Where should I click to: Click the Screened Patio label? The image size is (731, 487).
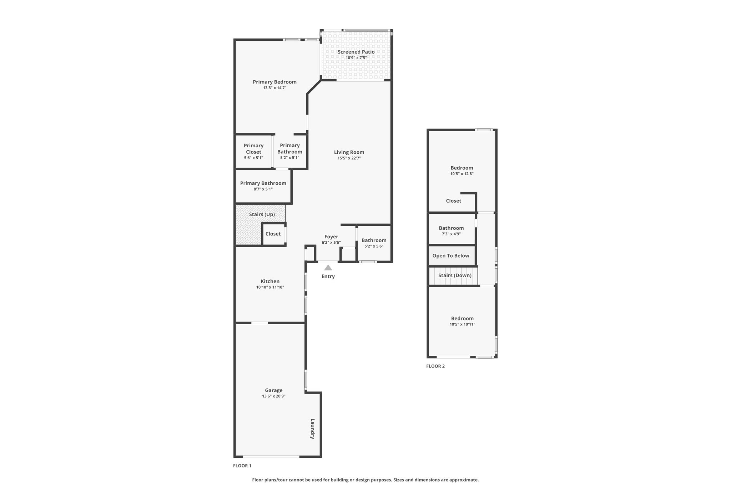coord(356,52)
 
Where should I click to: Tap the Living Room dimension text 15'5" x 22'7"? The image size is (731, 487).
coord(349,158)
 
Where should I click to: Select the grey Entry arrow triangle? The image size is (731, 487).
coord(328,268)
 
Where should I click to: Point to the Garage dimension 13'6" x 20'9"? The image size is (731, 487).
coord(274,396)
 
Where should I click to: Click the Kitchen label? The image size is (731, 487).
coord(270,281)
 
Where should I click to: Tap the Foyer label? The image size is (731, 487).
coord(331,237)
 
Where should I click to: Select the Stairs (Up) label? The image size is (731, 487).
coord(262,214)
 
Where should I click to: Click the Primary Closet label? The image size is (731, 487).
coord(254,148)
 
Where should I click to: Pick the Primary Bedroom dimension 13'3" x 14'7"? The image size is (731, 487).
coord(275,87)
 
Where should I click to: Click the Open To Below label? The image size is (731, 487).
coord(451,256)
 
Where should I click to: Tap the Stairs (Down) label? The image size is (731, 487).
coord(455,275)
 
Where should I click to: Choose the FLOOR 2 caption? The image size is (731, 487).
coord(435,366)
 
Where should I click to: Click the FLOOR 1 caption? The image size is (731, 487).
coord(242,466)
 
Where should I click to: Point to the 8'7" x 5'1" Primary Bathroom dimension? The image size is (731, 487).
coord(263,189)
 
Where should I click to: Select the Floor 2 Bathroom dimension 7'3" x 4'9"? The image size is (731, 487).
coord(452,234)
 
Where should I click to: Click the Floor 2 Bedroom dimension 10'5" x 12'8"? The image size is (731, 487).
coord(462,174)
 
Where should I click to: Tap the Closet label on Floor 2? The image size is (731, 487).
coord(454,201)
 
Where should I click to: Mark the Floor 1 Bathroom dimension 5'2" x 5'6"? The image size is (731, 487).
coord(374,246)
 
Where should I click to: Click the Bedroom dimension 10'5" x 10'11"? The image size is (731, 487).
coord(463,324)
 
